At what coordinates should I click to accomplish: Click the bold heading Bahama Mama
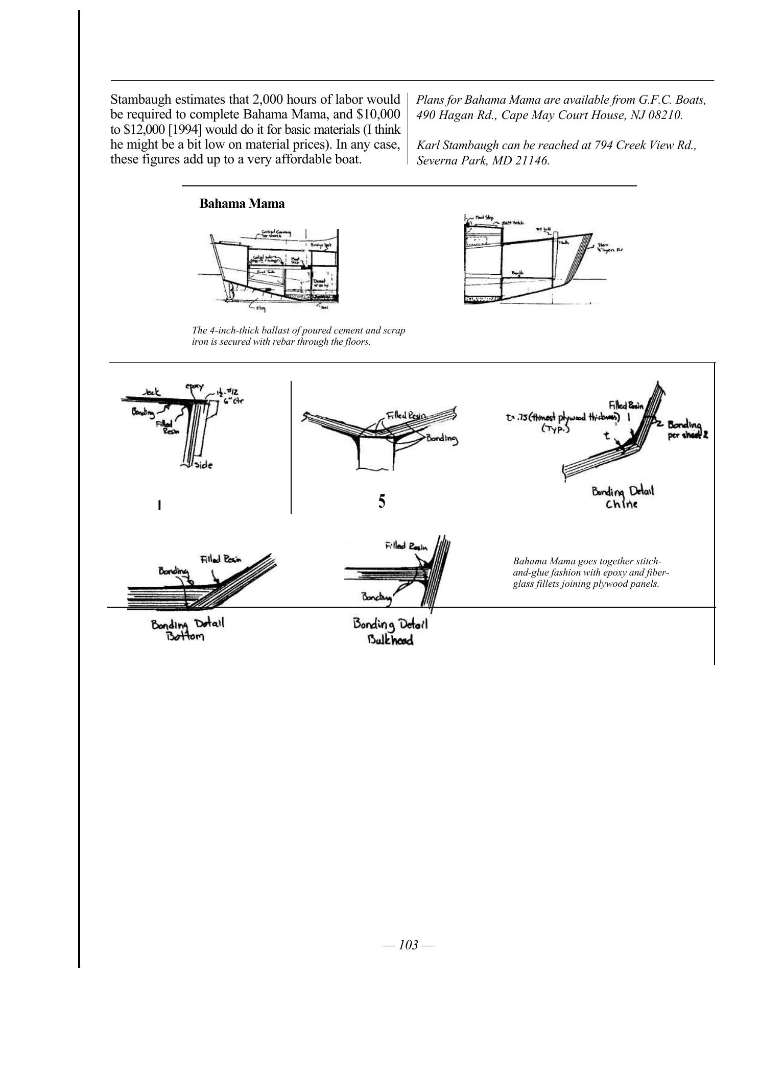[x=242, y=204]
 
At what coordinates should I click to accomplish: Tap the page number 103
[x=408, y=945]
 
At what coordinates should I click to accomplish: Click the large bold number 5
[x=382, y=502]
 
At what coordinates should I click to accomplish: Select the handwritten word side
[x=203, y=465]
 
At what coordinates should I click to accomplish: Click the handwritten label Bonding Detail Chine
[x=623, y=498]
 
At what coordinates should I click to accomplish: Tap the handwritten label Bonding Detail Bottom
[x=187, y=630]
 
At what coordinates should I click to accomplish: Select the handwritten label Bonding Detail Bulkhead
[x=391, y=632]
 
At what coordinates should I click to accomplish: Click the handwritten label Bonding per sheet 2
[x=687, y=429]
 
